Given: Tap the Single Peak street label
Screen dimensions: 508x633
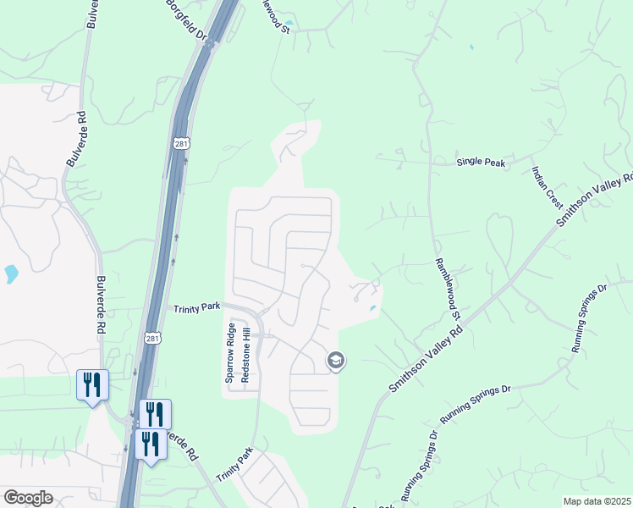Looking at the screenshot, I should pyautogui.click(x=481, y=161).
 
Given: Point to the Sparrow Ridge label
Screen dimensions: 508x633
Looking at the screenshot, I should pyautogui.click(x=229, y=352).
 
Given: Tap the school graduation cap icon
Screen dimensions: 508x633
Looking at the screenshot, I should pyautogui.click(x=335, y=362).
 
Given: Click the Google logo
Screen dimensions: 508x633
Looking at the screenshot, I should pyautogui.click(x=28, y=498).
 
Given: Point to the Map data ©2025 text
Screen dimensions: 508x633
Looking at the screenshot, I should pyautogui.click(x=597, y=501).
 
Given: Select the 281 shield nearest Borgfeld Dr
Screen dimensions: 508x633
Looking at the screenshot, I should pyautogui.click(x=182, y=144).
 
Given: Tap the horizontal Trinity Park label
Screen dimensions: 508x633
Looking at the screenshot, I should pyautogui.click(x=196, y=310).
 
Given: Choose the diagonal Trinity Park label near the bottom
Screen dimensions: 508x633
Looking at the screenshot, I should pyautogui.click(x=234, y=466).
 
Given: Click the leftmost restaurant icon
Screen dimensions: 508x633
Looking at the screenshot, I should pyautogui.click(x=91, y=384).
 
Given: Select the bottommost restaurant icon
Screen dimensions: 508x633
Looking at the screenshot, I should pyautogui.click(x=151, y=444).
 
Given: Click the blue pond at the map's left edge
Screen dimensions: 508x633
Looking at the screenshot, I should pyautogui.click(x=10, y=273).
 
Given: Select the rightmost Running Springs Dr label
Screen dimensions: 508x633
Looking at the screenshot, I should pyautogui.click(x=590, y=317).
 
